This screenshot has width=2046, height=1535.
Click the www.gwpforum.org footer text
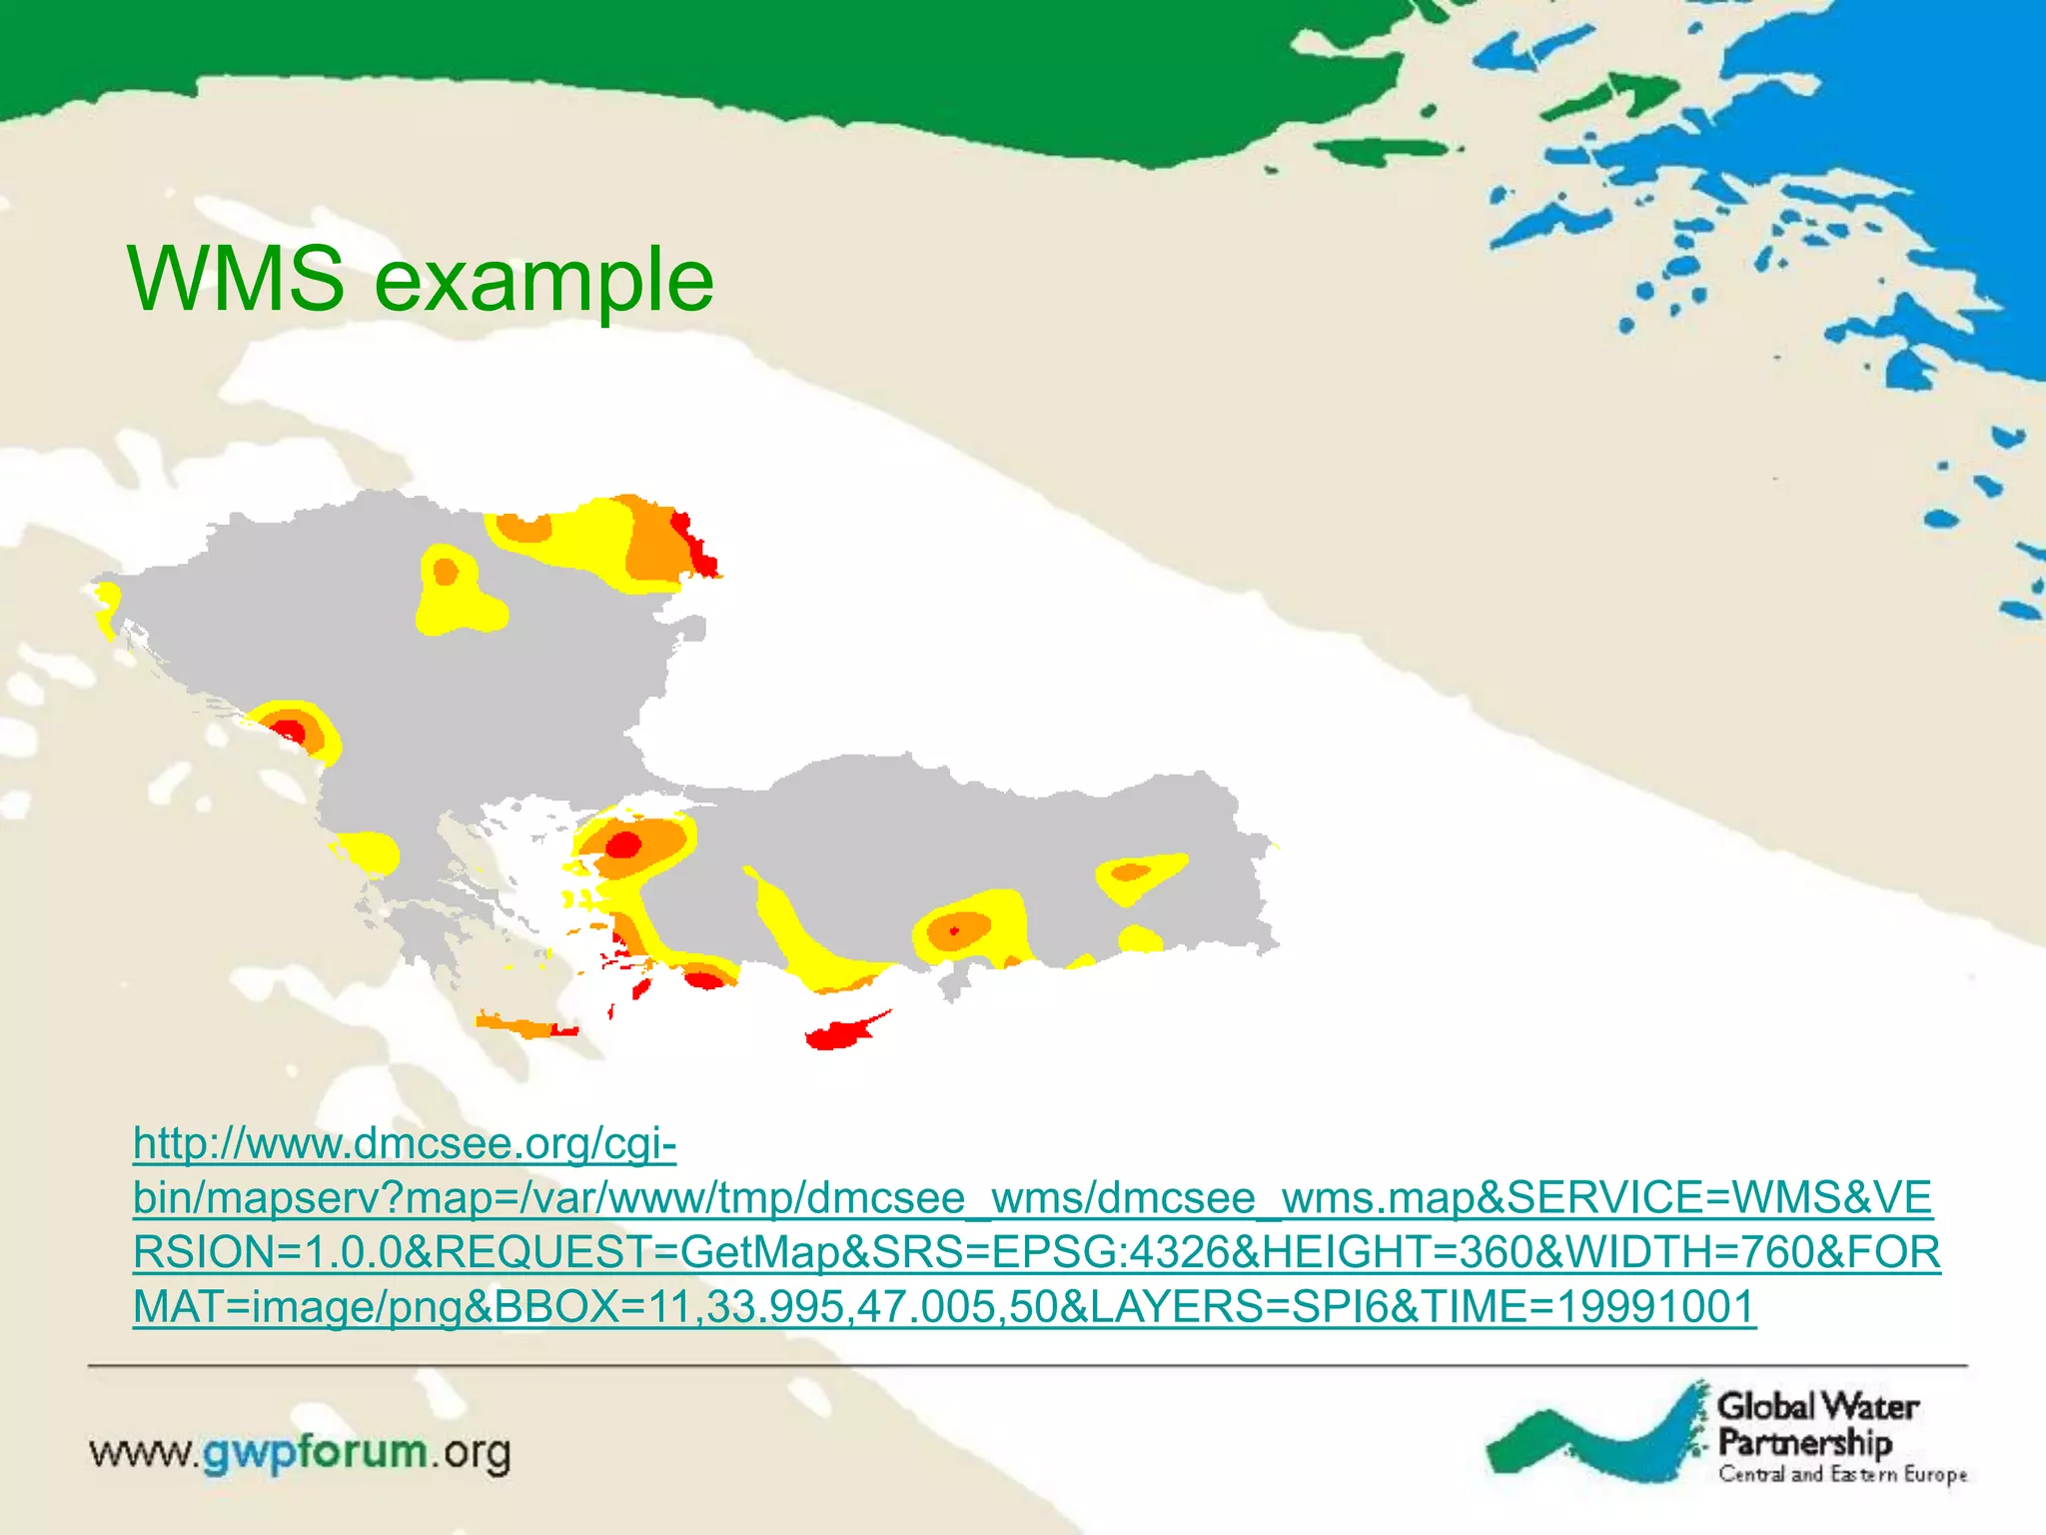pos(300,1452)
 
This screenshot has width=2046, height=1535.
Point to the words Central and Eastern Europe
pos(1842,1474)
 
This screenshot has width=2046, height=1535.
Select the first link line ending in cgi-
pos(405,1143)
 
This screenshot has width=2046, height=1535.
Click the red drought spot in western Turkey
pos(623,845)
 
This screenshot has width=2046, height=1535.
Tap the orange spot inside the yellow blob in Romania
pos(446,573)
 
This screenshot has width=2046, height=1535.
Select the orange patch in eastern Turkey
pos(1130,872)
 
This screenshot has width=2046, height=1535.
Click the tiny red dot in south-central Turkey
pos(954,931)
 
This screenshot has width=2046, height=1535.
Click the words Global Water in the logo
pos(1817,1406)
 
